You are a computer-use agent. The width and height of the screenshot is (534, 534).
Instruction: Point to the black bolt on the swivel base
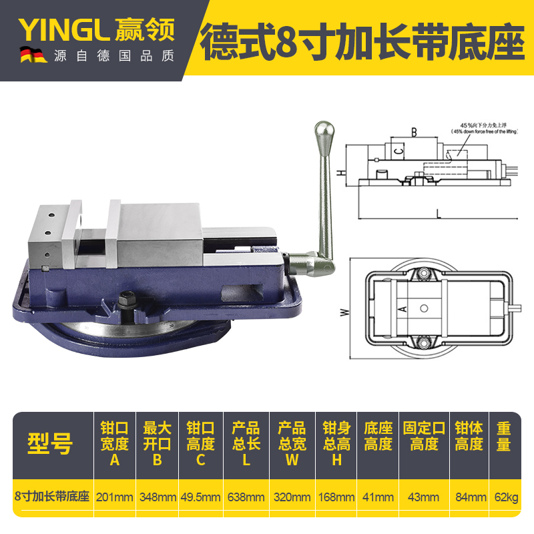coord(128,300)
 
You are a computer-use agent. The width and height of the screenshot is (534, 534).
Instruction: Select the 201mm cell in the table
coord(115,497)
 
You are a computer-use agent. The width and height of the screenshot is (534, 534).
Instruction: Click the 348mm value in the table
coord(158,497)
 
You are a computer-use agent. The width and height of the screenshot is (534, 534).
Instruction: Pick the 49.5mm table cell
coord(201,497)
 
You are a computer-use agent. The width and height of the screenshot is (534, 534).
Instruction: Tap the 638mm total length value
coord(246,497)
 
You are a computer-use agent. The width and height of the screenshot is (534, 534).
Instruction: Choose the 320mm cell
coord(292,497)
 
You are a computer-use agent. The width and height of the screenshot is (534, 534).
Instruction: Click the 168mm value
coord(336,497)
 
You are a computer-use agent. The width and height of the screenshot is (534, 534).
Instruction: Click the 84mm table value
coord(469,497)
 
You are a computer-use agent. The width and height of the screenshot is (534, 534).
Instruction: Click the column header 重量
coord(504,436)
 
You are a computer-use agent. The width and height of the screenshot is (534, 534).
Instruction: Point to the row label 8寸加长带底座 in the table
coord(52,497)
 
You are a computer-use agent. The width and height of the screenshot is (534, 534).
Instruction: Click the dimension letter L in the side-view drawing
coord(438,214)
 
